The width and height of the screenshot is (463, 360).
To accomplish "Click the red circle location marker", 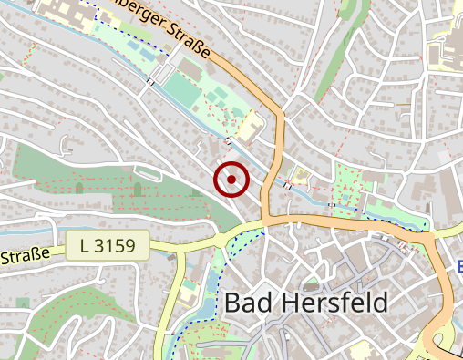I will click(x=231, y=180).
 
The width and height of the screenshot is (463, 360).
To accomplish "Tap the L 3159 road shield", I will click(x=107, y=245).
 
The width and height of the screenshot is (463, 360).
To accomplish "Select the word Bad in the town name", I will click(x=246, y=303).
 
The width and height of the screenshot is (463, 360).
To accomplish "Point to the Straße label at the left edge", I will click(x=25, y=256).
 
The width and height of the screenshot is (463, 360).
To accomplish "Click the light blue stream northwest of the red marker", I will click(x=196, y=114).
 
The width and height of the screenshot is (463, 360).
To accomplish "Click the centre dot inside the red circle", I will click(x=231, y=180).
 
